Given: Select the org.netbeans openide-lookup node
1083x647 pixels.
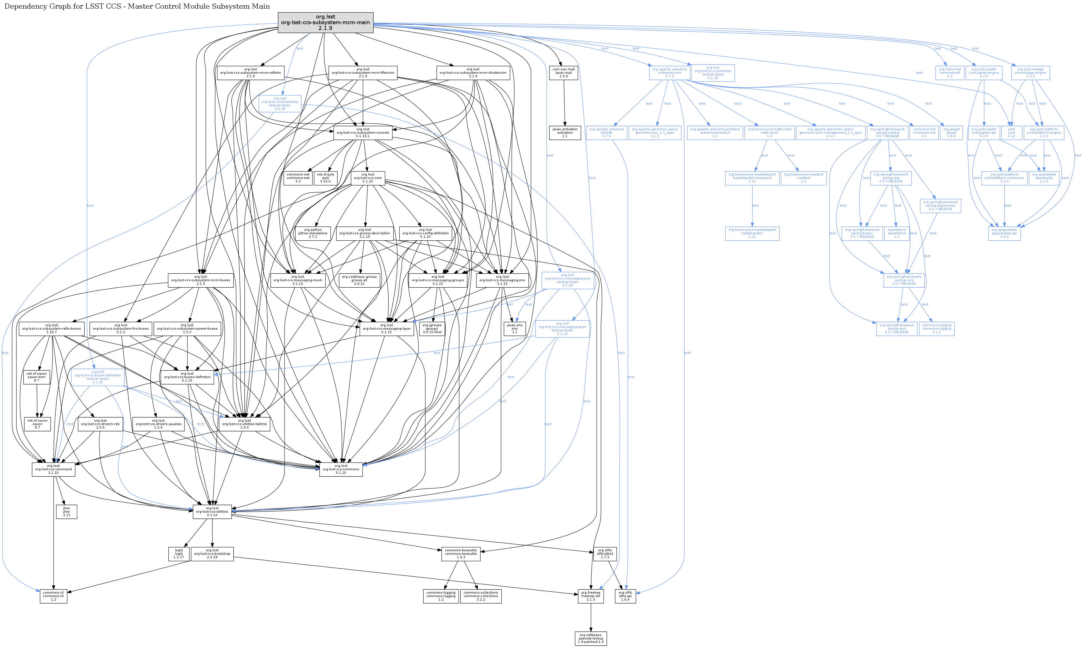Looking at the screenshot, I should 591,638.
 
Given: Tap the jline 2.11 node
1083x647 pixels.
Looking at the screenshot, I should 66,512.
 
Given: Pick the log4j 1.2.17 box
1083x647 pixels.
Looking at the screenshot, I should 179,554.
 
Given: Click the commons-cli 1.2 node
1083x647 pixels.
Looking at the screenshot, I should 53,596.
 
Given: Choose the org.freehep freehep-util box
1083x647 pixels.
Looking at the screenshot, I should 591,596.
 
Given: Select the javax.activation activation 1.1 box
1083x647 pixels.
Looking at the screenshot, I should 565,133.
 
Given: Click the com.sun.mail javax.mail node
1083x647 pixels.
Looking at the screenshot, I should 564,72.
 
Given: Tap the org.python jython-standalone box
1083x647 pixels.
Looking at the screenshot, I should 312,233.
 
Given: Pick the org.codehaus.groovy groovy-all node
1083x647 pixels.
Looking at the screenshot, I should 359,280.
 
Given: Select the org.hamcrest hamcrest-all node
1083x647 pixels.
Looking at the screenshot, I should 950,72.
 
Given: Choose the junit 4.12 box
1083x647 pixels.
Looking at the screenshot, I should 1011,133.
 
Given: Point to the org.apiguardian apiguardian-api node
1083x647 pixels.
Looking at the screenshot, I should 1004,233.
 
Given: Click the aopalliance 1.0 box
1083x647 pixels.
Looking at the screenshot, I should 896,233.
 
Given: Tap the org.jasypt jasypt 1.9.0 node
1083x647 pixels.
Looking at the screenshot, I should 951,133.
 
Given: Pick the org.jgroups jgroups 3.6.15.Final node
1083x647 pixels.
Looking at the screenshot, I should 432,328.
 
